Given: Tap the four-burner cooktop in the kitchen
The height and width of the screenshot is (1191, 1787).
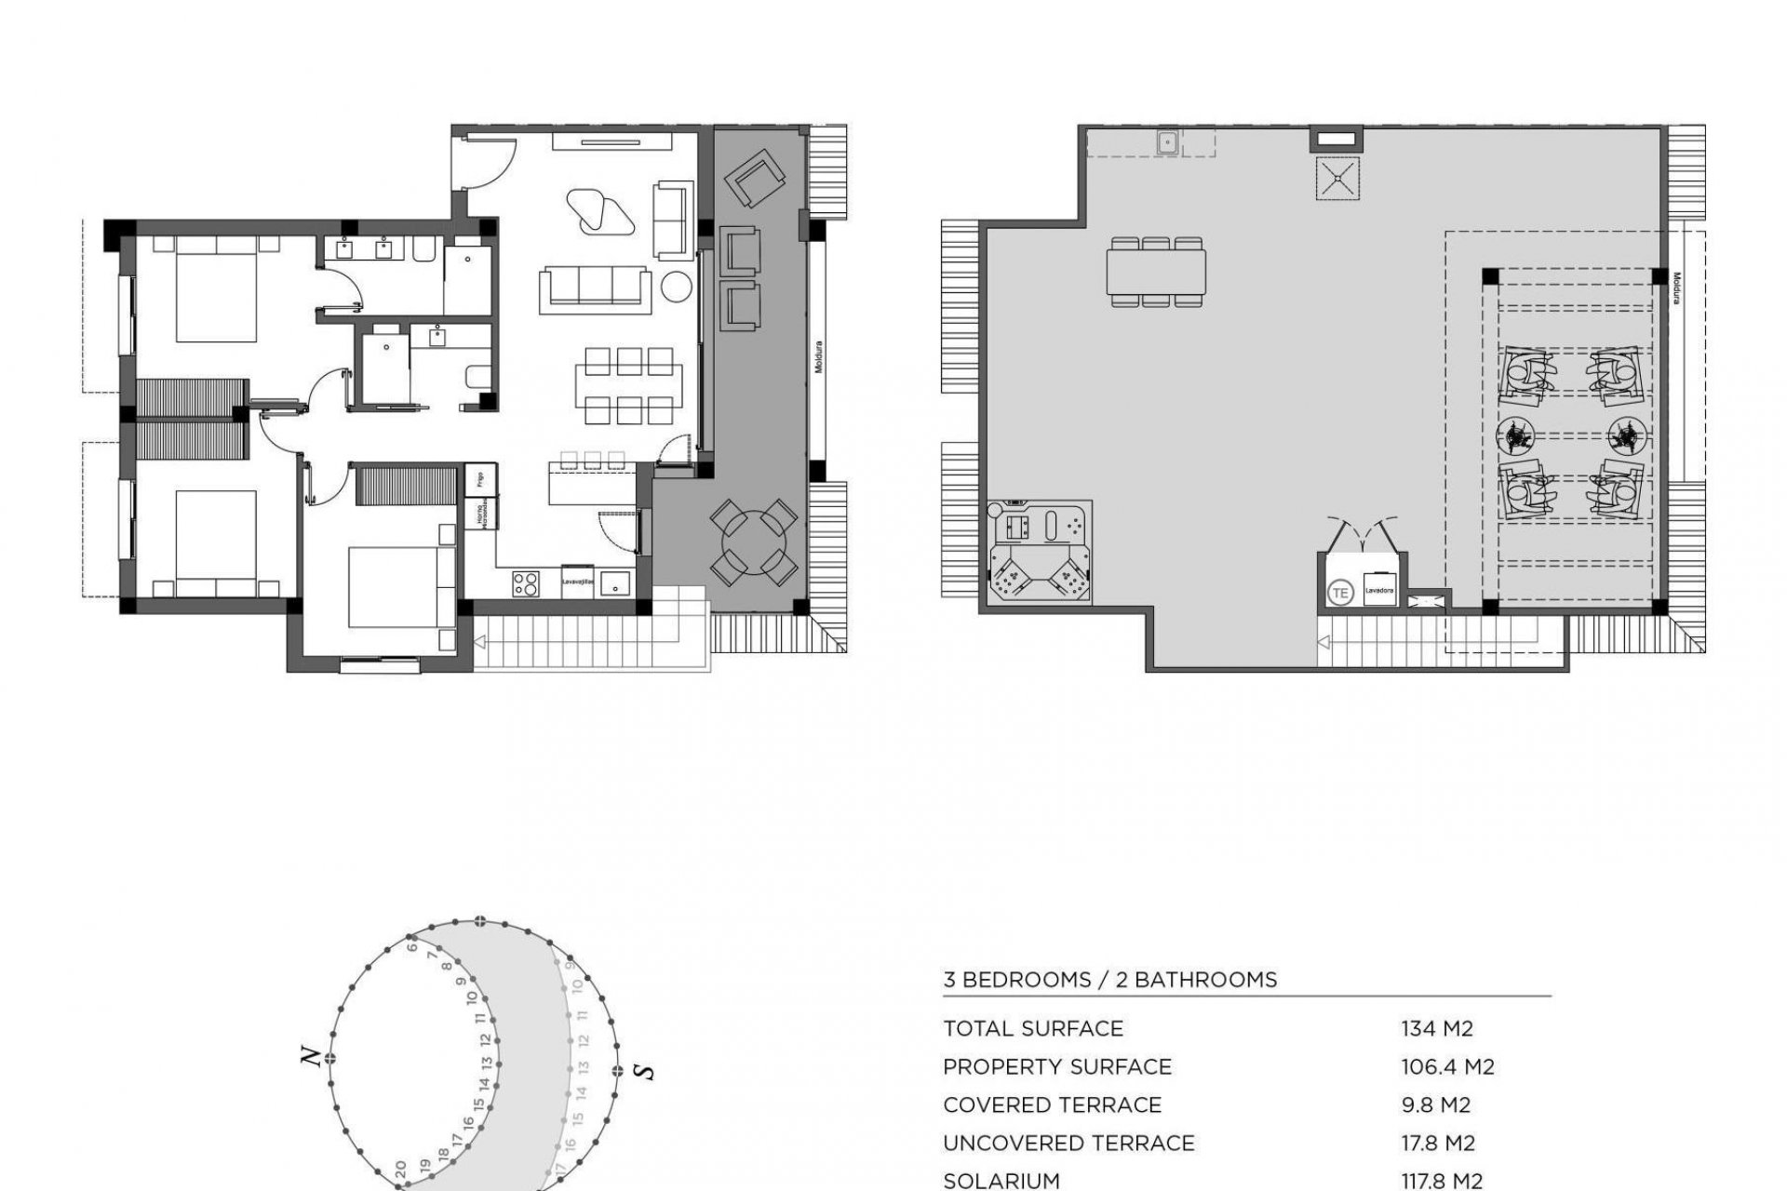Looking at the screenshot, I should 525,583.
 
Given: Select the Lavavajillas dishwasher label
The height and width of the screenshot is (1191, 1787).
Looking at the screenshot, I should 577,581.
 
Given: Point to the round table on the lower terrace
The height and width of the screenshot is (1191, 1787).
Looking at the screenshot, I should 753,542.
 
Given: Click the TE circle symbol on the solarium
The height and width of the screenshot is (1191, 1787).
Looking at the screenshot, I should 1340,592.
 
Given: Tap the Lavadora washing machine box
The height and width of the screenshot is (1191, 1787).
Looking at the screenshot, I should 1377,591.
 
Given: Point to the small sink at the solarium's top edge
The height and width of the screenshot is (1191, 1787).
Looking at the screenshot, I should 1167,142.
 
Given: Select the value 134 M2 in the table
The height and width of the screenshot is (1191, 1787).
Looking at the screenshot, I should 1437,1028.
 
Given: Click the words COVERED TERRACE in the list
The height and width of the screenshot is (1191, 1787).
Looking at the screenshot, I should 1052,1104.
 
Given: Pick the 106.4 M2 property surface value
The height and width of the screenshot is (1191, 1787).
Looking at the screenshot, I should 1447,1066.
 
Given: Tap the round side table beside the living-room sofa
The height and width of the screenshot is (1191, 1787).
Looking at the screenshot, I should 678,288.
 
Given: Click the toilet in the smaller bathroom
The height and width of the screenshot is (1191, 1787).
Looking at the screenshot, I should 475,378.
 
